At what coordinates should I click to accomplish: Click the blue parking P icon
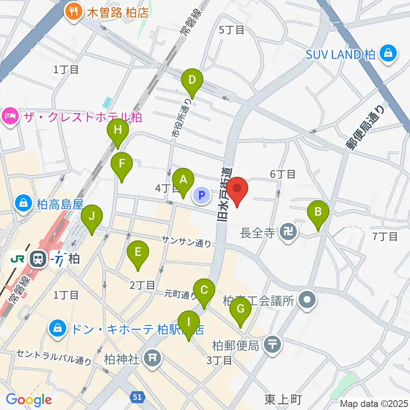click(x=202, y=196)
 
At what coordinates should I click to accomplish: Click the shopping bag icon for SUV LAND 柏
click(x=388, y=54)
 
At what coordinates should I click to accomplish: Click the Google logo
click(x=29, y=400)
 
